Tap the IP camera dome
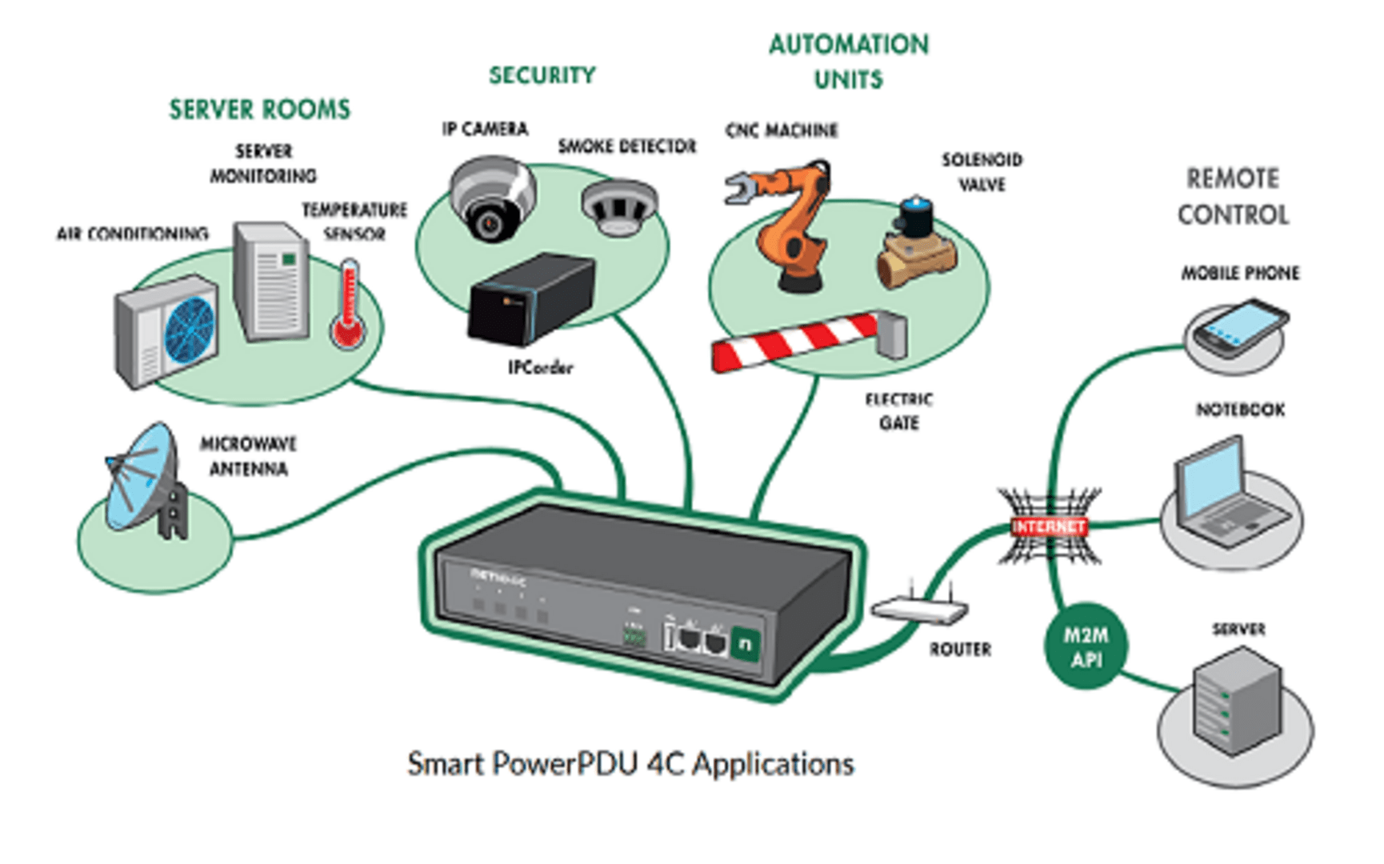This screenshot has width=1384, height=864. (x=491, y=198)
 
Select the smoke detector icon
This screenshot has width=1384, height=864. (x=619, y=206)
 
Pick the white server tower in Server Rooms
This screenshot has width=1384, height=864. (x=271, y=282)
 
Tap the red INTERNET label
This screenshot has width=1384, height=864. (x=1048, y=526)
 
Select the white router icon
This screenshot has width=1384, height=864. (x=920, y=610)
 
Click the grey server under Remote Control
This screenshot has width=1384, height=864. (x=1235, y=700)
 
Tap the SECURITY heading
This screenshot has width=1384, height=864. (x=542, y=75)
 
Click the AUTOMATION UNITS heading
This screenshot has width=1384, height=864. (x=849, y=62)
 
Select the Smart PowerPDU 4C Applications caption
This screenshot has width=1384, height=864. (x=630, y=764)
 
